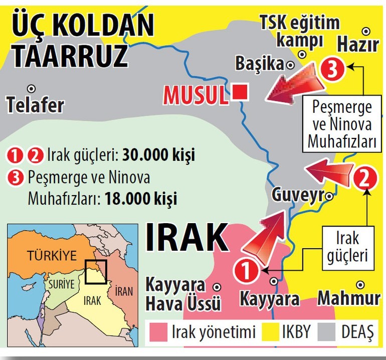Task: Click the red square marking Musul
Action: (x=241, y=92)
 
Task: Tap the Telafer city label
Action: (x=36, y=105)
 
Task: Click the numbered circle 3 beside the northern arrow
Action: (x=331, y=70)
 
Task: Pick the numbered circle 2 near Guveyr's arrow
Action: (x=365, y=178)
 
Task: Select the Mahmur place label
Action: (x=349, y=298)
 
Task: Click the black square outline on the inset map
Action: (x=95, y=272)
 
